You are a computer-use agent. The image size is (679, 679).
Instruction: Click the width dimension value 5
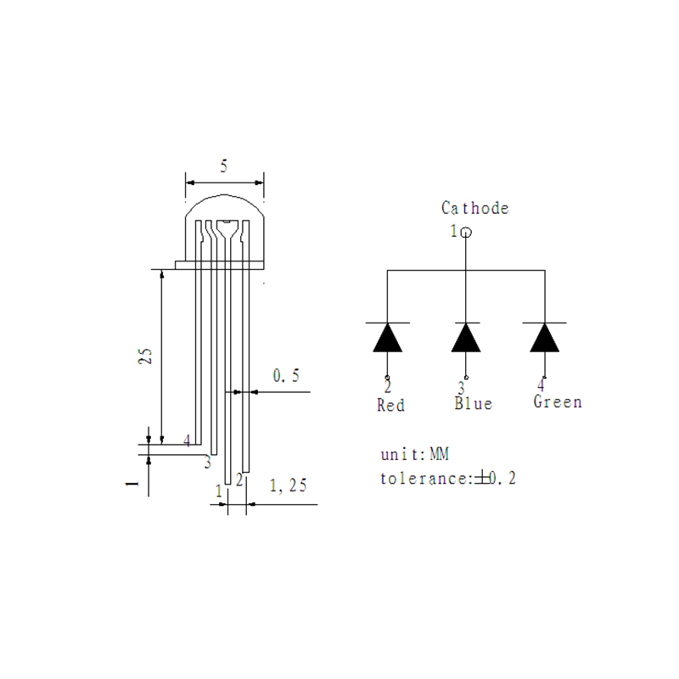click(223, 167)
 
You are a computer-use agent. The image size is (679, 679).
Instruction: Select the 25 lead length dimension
click(145, 356)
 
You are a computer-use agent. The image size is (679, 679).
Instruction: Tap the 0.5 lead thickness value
click(286, 376)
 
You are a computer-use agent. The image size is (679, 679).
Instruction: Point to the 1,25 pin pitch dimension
click(288, 486)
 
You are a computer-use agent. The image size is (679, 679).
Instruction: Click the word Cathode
click(474, 208)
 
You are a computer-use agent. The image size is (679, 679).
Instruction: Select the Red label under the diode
click(390, 406)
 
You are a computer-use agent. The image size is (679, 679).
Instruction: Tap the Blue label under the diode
click(473, 403)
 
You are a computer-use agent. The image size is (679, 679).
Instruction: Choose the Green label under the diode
click(558, 401)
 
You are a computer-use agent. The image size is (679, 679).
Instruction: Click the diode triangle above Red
click(388, 338)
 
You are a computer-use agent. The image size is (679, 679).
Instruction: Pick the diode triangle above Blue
click(465, 338)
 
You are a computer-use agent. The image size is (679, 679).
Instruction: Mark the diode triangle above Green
click(544, 338)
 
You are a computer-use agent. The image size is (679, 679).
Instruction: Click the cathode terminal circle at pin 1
click(465, 231)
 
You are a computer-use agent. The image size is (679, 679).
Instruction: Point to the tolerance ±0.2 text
click(448, 479)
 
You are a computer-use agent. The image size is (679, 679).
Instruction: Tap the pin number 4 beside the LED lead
click(187, 441)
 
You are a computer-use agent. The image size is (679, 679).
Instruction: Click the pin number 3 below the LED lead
click(206, 463)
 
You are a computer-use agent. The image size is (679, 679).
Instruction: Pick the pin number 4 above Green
click(541, 384)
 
